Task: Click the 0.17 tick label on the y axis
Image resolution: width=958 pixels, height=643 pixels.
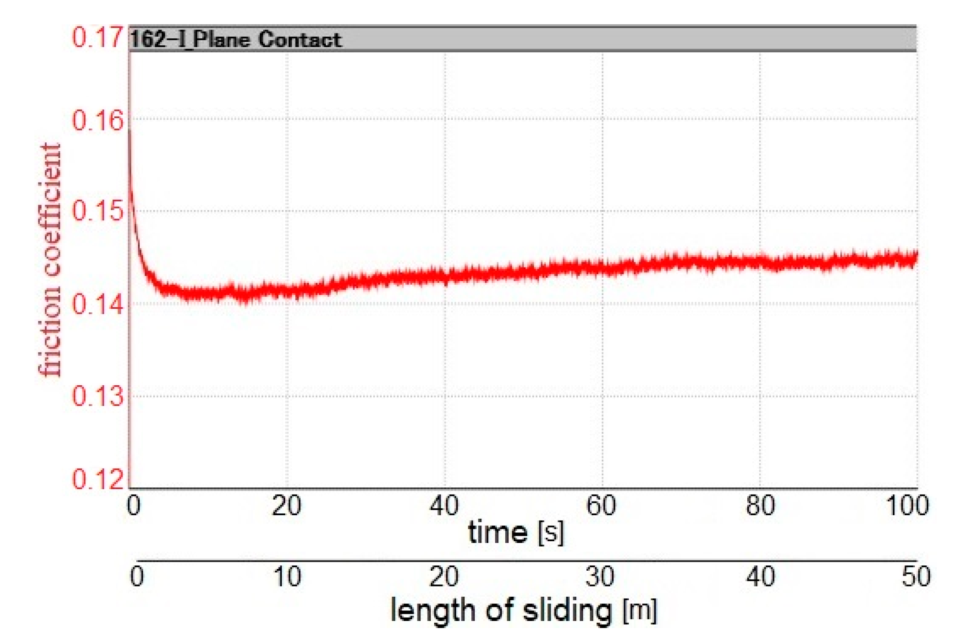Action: pyautogui.click(x=97, y=37)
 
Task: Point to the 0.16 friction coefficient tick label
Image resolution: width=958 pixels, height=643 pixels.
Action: pyautogui.click(x=97, y=121)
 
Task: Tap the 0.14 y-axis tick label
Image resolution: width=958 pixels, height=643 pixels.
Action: pyautogui.click(x=97, y=305)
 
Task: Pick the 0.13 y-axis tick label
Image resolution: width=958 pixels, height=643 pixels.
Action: pyautogui.click(x=97, y=396)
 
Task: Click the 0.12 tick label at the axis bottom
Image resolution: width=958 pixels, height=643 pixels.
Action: pyautogui.click(x=97, y=479)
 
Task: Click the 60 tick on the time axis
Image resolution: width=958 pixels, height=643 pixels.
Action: pyautogui.click(x=601, y=505)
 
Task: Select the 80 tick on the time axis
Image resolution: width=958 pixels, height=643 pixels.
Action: pyautogui.click(x=760, y=505)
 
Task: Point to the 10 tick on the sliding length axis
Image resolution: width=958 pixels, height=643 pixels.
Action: pyautogui.click(x=287, y=577)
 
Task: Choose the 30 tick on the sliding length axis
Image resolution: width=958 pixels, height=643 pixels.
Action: pyautogui.click(x=600, y=577)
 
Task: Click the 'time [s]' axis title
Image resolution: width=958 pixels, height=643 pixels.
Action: pyautogui.click(x=515, y=533)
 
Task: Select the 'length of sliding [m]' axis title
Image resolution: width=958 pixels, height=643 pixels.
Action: pyautogui.click(x=523, y=611)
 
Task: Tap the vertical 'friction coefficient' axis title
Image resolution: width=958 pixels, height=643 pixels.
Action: pyautogui.click(x=49, y=260)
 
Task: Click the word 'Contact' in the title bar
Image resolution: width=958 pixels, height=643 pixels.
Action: pyautogui.click(x=299, y=40)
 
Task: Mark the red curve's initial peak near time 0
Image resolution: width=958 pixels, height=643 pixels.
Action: pyautogui.click(x=130, y=132)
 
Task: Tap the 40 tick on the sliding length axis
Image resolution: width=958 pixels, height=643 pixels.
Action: pyautogui.click(x=760, y=577)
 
